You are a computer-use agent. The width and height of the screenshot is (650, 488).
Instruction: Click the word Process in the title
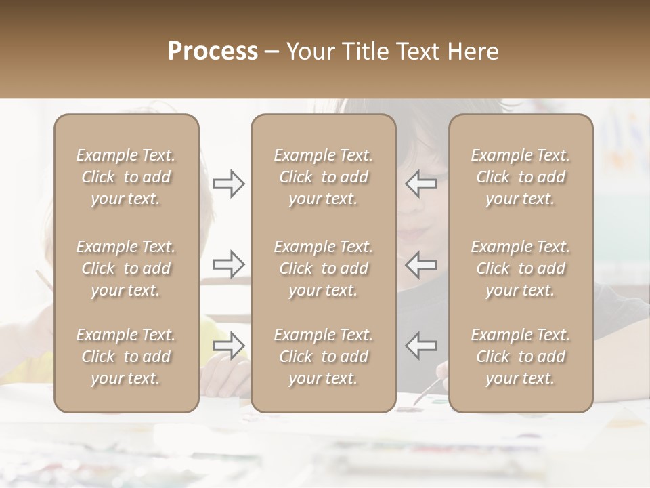point(213,52)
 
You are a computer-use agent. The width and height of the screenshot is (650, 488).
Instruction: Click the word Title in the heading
point(366,52)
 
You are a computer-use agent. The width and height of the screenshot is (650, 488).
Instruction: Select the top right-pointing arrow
point(228,184)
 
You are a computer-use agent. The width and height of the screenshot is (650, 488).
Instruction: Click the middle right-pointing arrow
point(228,264)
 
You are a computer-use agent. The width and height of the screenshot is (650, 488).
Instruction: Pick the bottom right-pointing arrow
point(228,345)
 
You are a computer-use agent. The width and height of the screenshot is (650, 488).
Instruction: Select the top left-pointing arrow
point(420,184)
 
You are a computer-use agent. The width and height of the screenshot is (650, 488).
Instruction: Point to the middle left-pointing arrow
point(420,264)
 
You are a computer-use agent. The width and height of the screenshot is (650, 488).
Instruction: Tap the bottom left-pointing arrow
point(420,345)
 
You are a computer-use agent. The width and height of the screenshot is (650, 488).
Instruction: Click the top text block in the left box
point(126,177)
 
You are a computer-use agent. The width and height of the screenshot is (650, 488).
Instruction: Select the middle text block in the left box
point(126,268)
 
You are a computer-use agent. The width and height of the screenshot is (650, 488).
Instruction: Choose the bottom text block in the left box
point(126,357)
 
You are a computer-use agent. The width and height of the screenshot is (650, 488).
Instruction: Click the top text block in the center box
point(323,177)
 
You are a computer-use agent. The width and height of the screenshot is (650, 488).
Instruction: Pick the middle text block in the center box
point(323,268)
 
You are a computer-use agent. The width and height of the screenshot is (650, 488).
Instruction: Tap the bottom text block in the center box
point(323,357)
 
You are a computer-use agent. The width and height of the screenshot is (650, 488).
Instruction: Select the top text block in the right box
point(520,177)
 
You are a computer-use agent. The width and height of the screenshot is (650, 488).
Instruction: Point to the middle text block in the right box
point(520,268)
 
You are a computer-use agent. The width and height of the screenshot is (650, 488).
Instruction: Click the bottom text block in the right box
point(520,357)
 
